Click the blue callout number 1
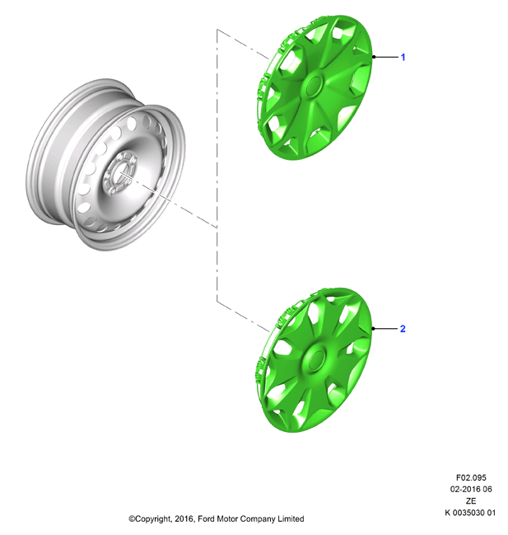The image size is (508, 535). pos(403,57)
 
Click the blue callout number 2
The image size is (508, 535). pos(403,329)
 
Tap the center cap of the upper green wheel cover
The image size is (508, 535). pos(315,85)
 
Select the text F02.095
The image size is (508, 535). pos(471,477)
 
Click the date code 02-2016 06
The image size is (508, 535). pos(471,489)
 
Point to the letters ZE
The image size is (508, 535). pos(471,500)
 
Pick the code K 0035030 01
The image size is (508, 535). pos(470,513)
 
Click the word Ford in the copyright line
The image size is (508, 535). pos(206,519)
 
